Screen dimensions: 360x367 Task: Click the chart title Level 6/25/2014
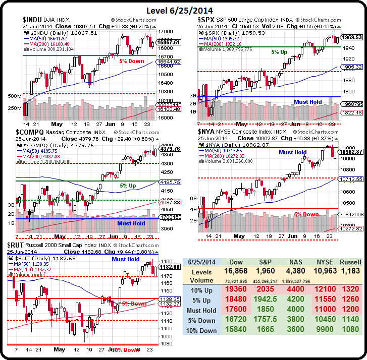183,10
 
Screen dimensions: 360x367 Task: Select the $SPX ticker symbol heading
207,20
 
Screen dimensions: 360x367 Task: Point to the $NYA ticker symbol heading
207,132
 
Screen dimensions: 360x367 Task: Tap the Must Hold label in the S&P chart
308,102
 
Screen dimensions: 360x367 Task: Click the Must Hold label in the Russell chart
126,259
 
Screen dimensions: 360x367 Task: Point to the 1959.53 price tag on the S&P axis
352,37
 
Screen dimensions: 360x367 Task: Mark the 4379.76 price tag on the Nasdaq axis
171,149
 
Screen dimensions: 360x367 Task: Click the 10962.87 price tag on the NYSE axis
352,152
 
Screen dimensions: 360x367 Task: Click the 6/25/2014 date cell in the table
202,263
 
